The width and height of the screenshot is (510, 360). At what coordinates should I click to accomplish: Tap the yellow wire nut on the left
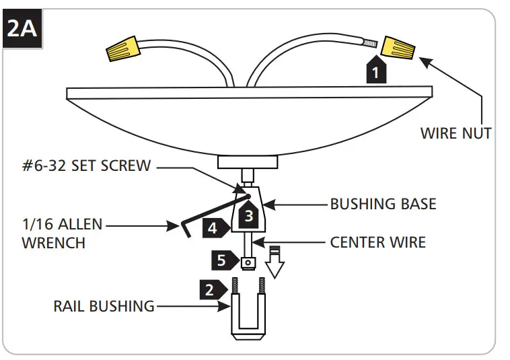[123, 49]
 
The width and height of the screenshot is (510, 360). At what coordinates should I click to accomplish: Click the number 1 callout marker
[376, 71]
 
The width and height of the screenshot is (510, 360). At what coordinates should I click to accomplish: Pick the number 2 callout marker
[211, 289]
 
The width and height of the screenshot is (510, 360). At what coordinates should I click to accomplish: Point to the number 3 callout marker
[248, 215]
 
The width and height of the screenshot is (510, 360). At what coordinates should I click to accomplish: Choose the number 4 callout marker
[213, 228]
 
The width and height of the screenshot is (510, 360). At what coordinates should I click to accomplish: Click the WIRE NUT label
[456, 133]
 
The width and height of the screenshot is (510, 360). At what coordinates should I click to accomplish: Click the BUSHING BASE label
[382, 203]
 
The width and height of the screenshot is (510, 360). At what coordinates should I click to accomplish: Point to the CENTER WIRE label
[377, 241]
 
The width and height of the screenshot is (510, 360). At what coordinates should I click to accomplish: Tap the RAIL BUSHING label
[104, 306]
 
